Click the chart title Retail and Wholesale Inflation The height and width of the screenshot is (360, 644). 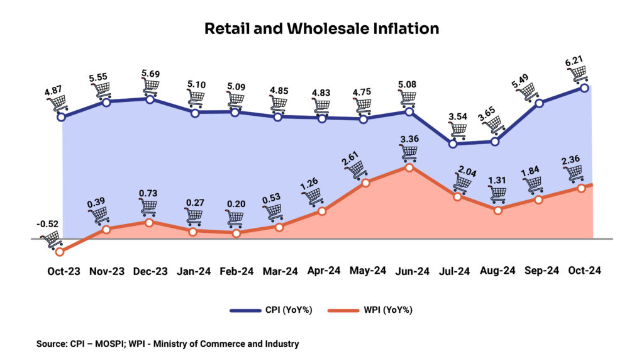pyautogui.click(x=321, y=28)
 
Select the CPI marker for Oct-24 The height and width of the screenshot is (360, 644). pyautogui.click(x=585, y=88)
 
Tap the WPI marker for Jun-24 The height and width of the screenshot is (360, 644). pyautogui.click(x=409, y=167)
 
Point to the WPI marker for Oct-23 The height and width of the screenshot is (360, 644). pyautogui.click(x=60, y=252)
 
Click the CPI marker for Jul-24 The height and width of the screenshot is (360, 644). pyautogui.click(x=453, y=143)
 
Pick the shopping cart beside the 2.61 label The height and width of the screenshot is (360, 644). pyautogui.click(x=357, y=169)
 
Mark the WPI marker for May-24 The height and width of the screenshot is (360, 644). pyautogui.click(x=366, y=183)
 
